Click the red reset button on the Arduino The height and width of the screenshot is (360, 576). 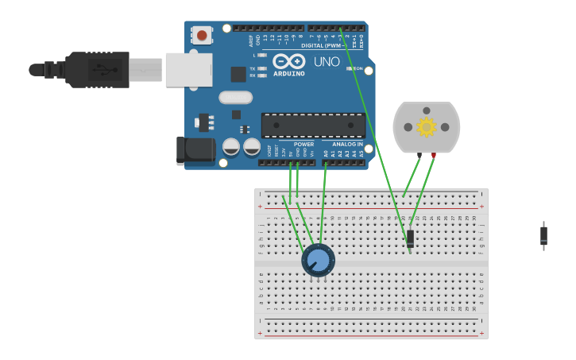point(202,35)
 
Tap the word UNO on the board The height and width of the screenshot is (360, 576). point(327,62)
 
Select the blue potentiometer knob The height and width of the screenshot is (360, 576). point(318,260)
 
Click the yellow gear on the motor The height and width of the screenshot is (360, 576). point(427,127)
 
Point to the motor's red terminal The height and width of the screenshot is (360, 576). point(434,155)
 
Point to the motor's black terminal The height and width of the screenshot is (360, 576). point(419,154)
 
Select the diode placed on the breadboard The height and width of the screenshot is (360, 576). point(410,238)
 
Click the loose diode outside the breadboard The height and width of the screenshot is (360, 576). point(543,235)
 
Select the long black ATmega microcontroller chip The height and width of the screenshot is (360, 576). point(313,125)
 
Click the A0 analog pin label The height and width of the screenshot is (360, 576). point(325,153)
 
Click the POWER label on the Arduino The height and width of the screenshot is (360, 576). point(304,145)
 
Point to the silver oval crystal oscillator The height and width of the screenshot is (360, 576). point(235,98)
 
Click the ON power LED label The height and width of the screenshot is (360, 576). point(358,68)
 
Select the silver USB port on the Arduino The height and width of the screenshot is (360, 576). point(188,70)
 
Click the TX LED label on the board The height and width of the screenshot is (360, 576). point(253,68)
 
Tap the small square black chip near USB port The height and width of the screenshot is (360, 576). point(238,74)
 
